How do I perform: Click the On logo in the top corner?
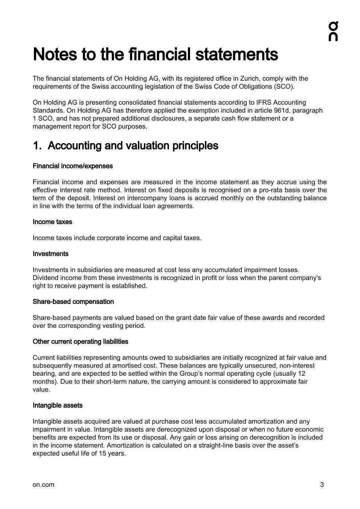tap(333, 31)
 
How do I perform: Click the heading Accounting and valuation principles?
tap(133, 146)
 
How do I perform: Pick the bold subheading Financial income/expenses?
tap(73, 166)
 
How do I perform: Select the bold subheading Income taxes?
tap(53, 222)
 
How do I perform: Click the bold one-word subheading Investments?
tap(51, 254)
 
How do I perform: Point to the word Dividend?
tap(45, 278)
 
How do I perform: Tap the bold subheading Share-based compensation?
tap(73, 302)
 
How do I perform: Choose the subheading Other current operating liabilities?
tap(80, 342)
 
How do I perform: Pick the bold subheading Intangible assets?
tap(58, 406)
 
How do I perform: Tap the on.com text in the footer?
tap(43, 485)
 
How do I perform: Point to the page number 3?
tap(322, 485)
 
